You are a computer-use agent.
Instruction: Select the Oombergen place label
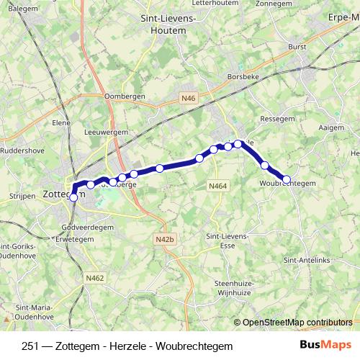point(125,96)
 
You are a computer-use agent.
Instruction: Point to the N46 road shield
point(189,98)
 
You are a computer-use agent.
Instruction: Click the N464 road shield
point(218,186)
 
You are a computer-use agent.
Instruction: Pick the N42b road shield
point(165,239)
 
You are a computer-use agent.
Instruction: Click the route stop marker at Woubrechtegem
point(287,179)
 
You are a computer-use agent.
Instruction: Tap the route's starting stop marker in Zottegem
point(73,197)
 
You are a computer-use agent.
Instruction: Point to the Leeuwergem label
point(106,132)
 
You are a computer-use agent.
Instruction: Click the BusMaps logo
point(325,346)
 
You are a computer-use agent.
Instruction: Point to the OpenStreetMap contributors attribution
point(297,323)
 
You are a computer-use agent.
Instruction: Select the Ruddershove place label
point(23,151)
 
